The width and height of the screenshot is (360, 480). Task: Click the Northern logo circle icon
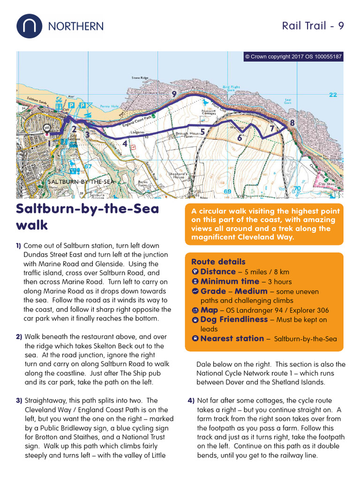pos(30,26)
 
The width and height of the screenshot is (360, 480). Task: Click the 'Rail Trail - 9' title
pos(313,26)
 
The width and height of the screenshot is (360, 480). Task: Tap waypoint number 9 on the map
pos(174,94)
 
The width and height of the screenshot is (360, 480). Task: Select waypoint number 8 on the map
pos(292,123)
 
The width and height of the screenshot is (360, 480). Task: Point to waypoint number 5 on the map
pos(202,132)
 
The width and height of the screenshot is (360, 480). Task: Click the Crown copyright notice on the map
pos(293,57)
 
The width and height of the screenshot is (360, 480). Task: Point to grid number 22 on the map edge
pos(333,95)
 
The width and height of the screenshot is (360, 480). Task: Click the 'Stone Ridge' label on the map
pos(140,77)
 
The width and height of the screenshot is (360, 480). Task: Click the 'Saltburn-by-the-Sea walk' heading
pos(88,217)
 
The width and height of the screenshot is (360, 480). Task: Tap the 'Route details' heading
pos(218,262)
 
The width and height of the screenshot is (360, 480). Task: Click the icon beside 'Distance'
pos(195,272)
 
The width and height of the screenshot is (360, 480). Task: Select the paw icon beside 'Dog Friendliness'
pos(195,320)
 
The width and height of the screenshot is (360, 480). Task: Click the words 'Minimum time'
pos(230,281)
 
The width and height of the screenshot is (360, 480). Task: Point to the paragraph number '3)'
pos(19,401)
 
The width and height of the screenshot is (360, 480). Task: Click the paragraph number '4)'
pos(191,401)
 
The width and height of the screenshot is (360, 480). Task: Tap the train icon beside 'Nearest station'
pos(195,338)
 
